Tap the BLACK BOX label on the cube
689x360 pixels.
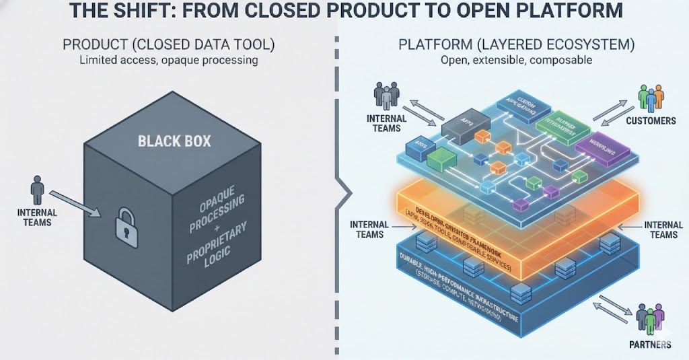point(174,141)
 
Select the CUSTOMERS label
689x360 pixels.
point(651,120)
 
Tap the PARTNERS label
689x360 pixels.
point(650,345)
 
